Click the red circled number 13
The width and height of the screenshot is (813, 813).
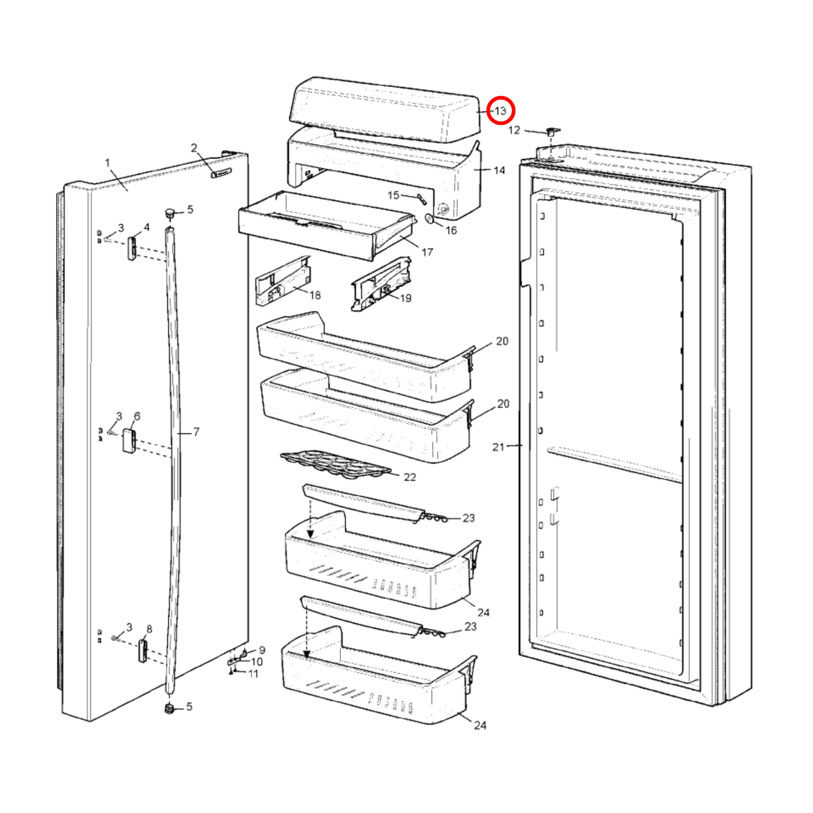500,111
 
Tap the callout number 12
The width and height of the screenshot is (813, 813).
514,131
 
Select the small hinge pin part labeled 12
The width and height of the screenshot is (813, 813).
551,132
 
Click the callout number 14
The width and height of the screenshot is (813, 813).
499,170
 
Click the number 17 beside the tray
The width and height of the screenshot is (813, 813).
427,252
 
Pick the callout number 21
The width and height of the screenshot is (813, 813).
498,447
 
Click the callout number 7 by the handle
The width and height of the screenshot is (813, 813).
196,432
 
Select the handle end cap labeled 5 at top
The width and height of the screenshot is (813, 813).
169,213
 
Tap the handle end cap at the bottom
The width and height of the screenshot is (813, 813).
168,708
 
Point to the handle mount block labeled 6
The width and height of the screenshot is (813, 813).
129,441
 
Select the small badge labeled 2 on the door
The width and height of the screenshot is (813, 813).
221,173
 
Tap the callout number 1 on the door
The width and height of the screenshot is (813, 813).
107,163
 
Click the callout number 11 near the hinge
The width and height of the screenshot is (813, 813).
253,673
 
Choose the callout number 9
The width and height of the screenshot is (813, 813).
262,650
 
